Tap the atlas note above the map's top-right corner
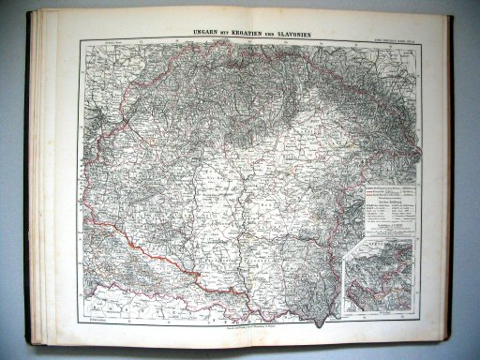pyautogui.click(x=395, y=37)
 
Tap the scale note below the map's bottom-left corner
pyautogui.click(x=93, y=320)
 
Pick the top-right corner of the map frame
pyautogui.click(x=416, y=41)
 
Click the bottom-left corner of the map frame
pyautogui.click(x=82, y=315)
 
